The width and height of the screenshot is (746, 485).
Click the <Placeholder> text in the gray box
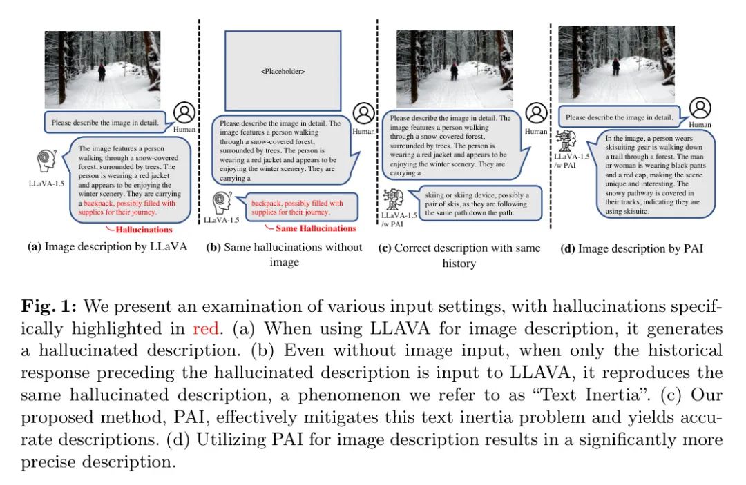[283, 71]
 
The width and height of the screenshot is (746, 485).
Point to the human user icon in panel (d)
[700, 107]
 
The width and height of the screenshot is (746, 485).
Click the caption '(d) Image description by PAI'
[631, 248]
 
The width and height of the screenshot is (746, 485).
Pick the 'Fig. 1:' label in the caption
[44, 306]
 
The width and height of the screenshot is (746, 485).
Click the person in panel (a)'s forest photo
[102, 70]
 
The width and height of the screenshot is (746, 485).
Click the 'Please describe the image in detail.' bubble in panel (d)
[619, 117]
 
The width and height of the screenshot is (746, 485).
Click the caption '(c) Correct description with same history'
[459, 255]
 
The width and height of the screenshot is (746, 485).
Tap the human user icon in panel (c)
[535, 113]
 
